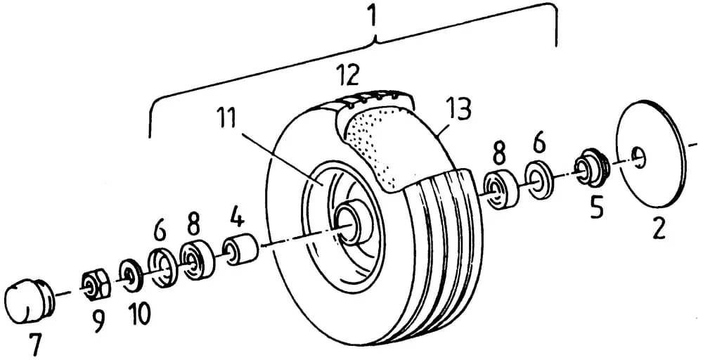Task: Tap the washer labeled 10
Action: [131, 275]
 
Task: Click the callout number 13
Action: [458, 110]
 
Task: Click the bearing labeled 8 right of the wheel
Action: [501, 190]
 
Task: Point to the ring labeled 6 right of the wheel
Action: [538, 177]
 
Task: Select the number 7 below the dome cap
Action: [35, 345]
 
